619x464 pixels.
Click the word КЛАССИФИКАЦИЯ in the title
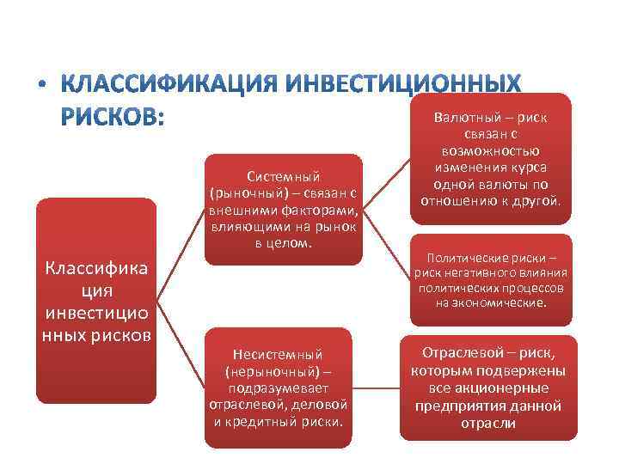(x=170, y=86)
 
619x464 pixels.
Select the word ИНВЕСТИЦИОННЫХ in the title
(x=401, y=86)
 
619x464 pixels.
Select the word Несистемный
(x=278, y=354)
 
